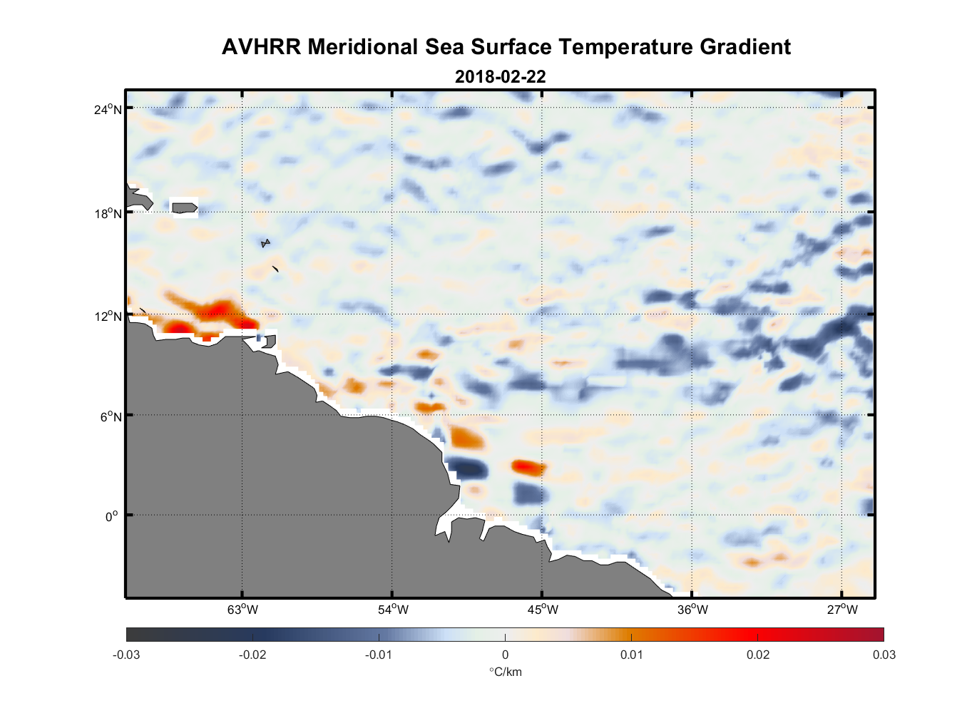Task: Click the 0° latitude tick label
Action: pos(112,516)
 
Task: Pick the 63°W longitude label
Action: pos(242,610)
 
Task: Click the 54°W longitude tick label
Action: pos(393,610)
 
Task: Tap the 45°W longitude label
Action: pos(543,610)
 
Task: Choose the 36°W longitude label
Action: pos(692,610)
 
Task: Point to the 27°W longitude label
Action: pos(842,610)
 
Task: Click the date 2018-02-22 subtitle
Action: pos(500,77)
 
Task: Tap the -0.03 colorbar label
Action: pos(126,655)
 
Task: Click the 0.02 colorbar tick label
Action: pos(757,655)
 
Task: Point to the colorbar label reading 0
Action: pos(505,655)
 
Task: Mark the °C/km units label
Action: pos(505,672)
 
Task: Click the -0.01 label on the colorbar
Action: pos(379,655)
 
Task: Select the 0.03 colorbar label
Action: pos(884,655)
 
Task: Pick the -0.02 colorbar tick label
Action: pos(252,655)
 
